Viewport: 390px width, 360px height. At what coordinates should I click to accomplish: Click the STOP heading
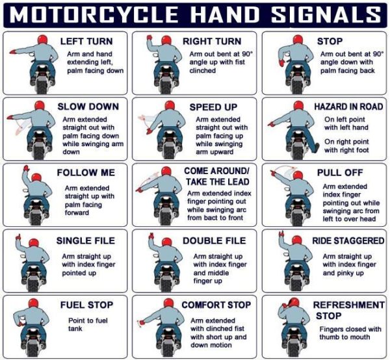[x=330, y=41]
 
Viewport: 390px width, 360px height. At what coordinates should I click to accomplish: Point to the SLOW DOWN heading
[x=88, y=107]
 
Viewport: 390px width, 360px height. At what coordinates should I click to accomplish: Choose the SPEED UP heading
[x=215, y=107]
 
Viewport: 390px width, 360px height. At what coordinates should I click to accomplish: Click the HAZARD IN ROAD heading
[x=348, y=107]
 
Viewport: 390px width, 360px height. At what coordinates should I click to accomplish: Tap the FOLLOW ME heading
[x=86, y=173]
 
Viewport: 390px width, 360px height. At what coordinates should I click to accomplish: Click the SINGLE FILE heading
[x=85, y=240]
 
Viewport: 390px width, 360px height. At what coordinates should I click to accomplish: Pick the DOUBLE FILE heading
[x=214, y=240]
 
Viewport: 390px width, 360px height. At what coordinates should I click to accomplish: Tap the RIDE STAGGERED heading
[x=348, y=240]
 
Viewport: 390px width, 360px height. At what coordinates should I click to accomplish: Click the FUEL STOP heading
[x=87, y=305]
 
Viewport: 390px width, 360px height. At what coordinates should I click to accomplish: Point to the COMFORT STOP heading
[x=215, y=305]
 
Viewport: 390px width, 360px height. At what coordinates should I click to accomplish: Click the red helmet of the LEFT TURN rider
[x=43, y=41]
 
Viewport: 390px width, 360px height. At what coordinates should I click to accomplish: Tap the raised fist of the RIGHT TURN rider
[x=149, y=38]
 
